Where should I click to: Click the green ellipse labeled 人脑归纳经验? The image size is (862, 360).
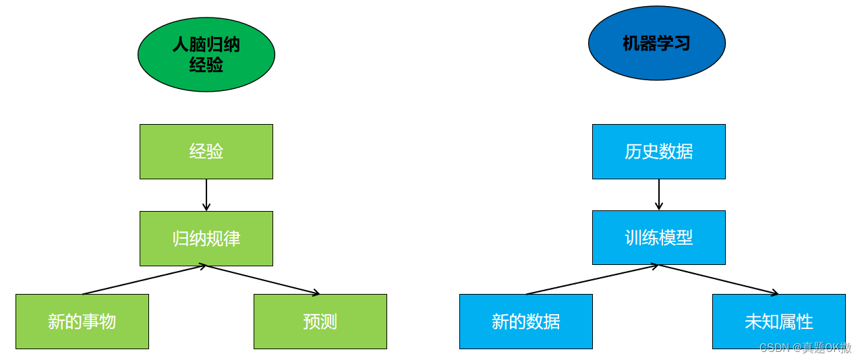(206, 54)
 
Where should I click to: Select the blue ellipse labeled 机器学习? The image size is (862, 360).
(656, 43)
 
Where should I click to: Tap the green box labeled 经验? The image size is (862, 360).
(206, 151)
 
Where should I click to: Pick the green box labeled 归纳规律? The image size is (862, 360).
(206, 238)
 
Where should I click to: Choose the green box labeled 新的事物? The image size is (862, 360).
(82, 321)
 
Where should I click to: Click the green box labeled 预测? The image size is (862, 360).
(320, 321)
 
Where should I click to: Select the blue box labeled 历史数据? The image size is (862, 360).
(658, 151)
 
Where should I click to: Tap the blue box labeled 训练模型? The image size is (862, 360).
(658, 237)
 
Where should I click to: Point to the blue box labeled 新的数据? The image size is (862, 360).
(525, 321)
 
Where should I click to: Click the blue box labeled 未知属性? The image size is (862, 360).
(778, 321)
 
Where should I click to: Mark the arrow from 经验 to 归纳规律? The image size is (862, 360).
(206, 194)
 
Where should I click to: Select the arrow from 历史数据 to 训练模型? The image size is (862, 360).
(659, 194)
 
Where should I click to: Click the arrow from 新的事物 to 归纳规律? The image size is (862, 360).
(144, 280)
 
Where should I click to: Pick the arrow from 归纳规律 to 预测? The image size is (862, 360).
(263, 280)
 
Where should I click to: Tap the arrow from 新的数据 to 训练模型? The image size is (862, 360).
(592, 279)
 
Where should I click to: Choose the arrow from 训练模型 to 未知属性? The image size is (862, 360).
(719, 279)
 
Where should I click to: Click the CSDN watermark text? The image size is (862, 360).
(805, 348)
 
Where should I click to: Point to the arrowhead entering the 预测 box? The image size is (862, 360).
(316, 293)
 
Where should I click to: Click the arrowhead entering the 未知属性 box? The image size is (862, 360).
(775, 293)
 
